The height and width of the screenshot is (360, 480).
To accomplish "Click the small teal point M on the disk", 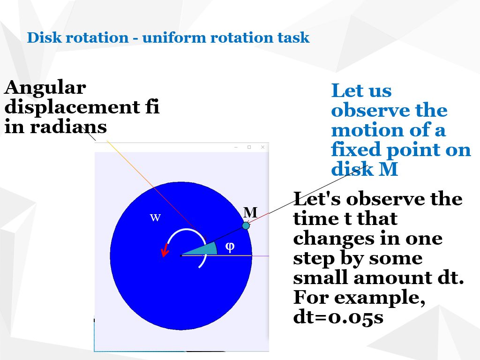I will click(x=246, y=225).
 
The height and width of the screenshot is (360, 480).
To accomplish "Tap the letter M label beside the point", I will click(x=250, y=213).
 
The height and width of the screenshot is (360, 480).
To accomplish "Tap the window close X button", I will click(x=262, y=147).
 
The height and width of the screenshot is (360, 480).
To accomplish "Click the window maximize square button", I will click(x=249, y=147).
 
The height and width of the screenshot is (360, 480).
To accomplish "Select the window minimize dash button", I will click(x=236, y=147).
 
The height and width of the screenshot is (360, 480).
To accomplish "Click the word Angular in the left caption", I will click(x=45, y=88).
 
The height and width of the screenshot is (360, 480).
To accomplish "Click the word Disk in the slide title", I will click(x=45, y=37).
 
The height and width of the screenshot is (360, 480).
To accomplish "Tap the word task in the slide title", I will click(x=294, y=37).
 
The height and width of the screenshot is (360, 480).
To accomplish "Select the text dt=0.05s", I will click(x=338, y=317).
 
